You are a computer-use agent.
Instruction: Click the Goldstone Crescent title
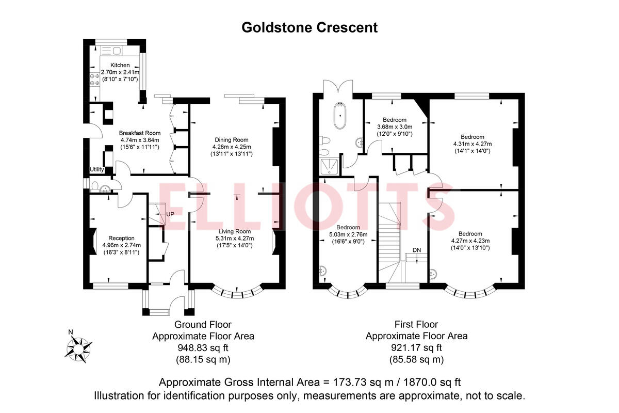(309, 27)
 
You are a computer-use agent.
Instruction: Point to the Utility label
(97, 169)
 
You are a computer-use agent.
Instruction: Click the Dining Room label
(232, 140)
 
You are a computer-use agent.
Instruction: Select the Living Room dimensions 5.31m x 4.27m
(235, 239)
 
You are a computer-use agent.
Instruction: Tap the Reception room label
(118, 238)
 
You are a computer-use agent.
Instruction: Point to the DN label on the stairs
(417, 250)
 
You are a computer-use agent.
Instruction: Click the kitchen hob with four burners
(95, 79)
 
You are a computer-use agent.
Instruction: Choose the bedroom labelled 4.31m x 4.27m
(472, 144)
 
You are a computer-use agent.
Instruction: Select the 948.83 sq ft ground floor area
(203, 347)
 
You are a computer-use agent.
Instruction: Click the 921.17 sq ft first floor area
(416, 347)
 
